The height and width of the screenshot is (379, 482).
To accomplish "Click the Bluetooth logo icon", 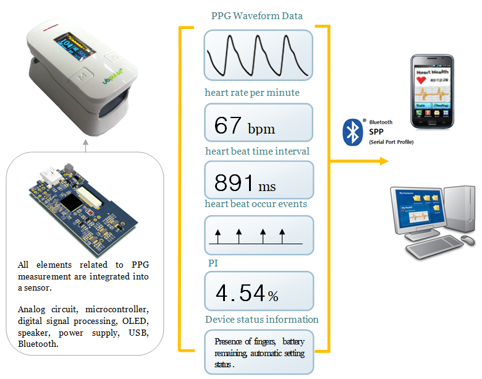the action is coord(353,132).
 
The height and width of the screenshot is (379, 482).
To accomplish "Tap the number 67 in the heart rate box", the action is coord(227,126).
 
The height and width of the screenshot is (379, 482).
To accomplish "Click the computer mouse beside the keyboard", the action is coord(468,239).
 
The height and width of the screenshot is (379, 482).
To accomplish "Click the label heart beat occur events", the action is coord(256,203).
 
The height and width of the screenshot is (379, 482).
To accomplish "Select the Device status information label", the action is coord(262,319).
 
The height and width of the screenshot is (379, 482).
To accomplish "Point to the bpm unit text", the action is coord(261,129).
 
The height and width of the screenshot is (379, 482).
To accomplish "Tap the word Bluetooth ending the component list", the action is coord(38,344).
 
